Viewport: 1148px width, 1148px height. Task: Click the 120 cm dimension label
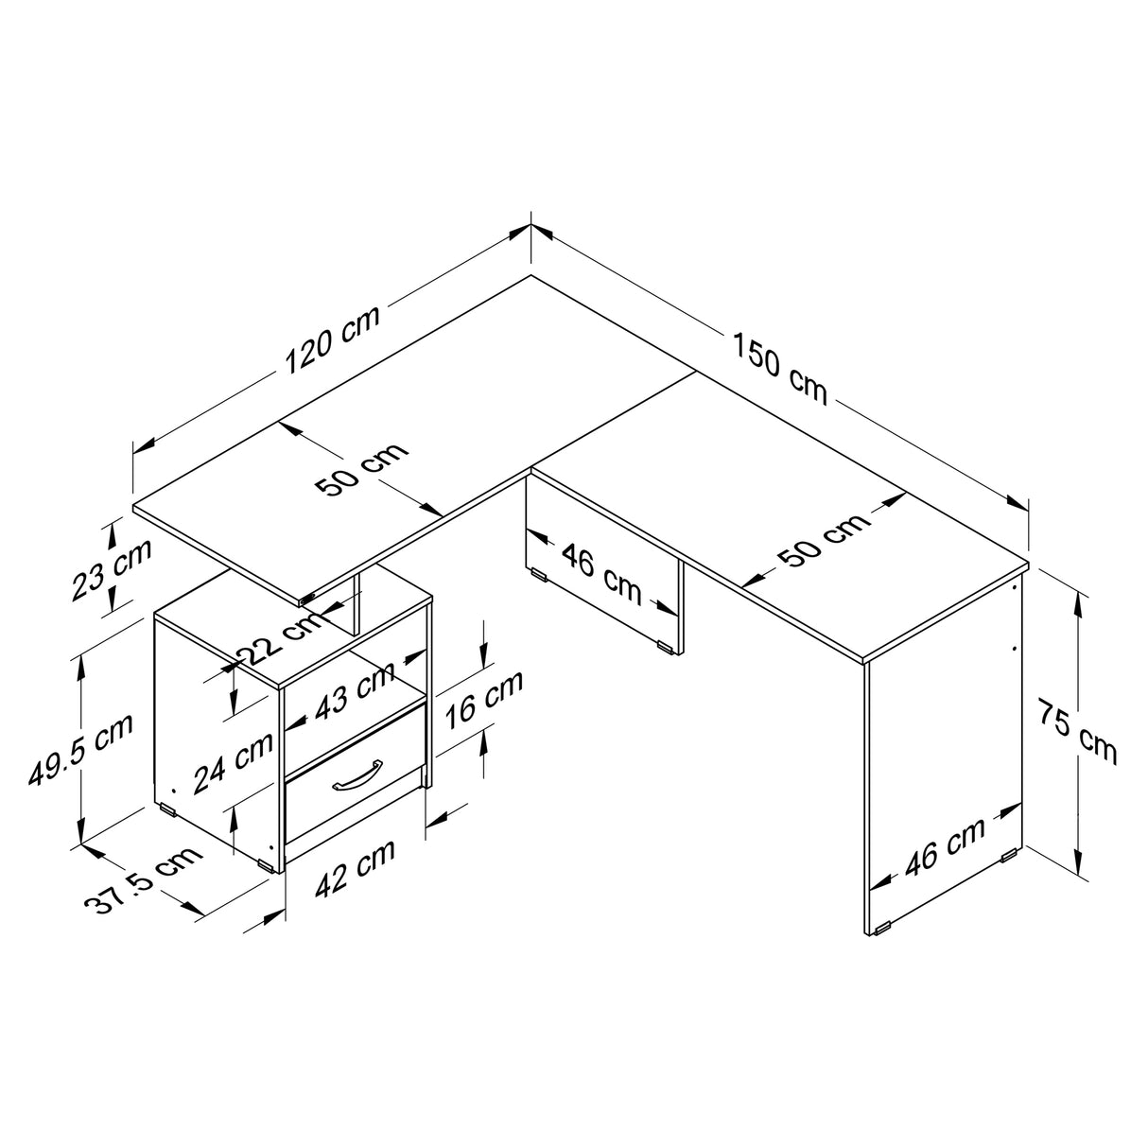(x=332, y=340)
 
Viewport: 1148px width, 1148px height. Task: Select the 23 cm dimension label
(x=112, y=569)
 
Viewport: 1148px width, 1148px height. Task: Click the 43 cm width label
(x=355, y=690)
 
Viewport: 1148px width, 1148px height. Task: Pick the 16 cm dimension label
(x=484, y=699)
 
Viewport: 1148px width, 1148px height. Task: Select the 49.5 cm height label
(x=80, y=749)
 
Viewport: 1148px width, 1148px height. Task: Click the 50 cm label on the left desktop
(x=361, y=469)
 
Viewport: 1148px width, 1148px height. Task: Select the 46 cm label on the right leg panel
(x=945, y=847)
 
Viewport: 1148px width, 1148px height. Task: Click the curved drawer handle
(x=357, y=775)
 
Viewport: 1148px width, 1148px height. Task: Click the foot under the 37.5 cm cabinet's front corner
(x=267, y=865)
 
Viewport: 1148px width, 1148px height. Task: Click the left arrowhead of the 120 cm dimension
(x=144, y=445)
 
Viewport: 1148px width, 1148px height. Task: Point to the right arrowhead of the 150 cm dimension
(x=1018, y=501)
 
